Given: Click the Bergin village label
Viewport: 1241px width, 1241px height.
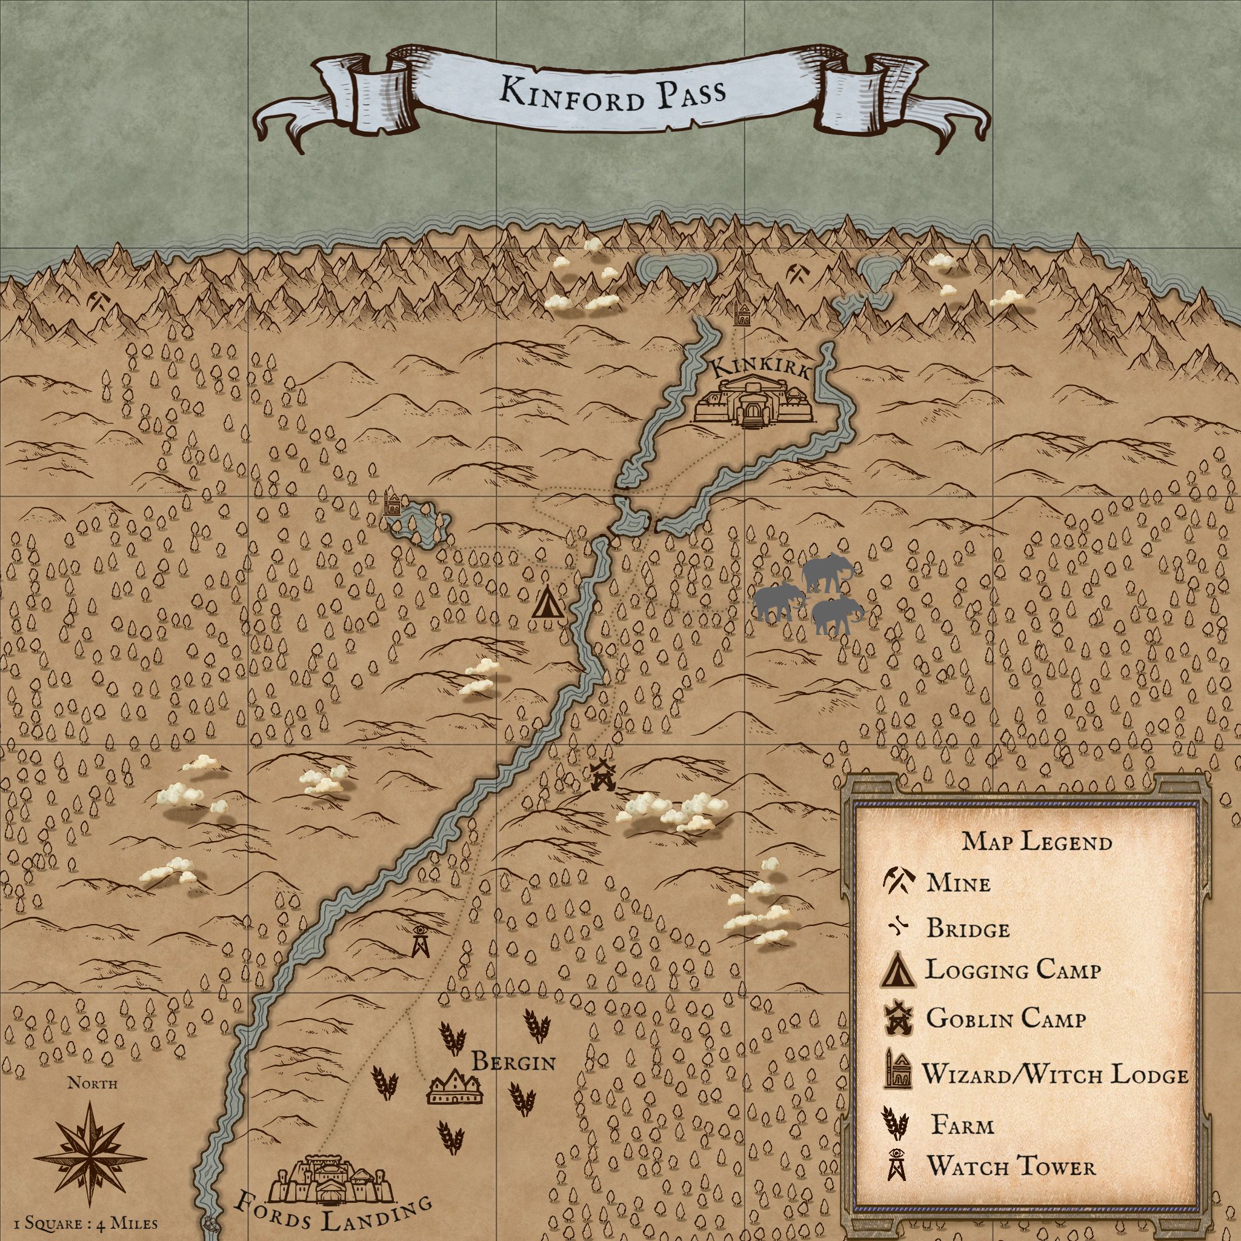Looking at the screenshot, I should [x=513, y=1062].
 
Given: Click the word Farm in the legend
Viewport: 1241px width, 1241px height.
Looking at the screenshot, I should [x=962, y=1125].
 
